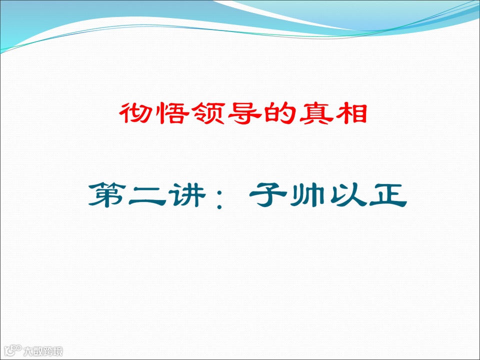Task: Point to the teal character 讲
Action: [x=187, y=196]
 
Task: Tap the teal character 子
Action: [x=268, y=196]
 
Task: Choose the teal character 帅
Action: [x=307, y=196]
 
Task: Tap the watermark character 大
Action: [x=29, y=351]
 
